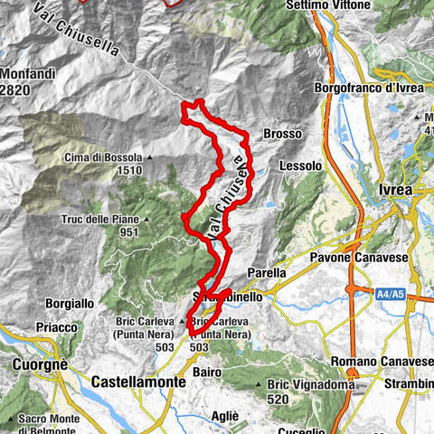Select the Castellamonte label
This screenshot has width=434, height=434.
(x=139, y=382)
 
